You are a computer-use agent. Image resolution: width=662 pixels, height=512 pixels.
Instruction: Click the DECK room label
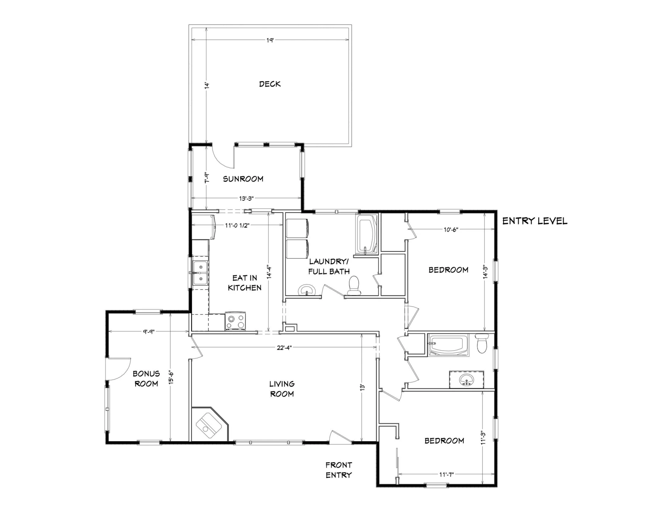270,84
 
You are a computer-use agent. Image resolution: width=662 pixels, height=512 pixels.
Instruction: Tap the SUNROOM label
243,179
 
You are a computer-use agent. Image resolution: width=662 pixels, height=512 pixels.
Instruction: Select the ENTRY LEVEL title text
535,221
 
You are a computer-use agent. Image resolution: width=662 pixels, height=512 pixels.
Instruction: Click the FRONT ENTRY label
339,470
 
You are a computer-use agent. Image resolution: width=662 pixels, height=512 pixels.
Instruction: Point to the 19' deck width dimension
270,40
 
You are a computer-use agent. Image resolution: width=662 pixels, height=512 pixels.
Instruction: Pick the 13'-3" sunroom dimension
246,198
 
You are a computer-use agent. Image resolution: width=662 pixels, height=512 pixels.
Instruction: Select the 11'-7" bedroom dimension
447,474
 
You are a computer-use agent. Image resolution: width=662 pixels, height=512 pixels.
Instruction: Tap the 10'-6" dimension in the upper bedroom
451,229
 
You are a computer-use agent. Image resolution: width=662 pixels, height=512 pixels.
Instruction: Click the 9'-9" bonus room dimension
149,331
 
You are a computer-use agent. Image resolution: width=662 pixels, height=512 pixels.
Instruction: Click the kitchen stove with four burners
235,321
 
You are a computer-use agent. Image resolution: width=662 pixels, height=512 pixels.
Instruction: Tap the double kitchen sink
200,273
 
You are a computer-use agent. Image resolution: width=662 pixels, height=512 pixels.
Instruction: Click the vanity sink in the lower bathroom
466,380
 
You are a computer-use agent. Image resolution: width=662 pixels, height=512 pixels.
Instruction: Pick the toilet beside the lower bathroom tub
482,343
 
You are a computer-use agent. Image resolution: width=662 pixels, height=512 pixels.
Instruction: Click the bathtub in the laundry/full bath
367,235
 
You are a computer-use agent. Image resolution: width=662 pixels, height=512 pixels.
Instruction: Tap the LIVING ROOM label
282,389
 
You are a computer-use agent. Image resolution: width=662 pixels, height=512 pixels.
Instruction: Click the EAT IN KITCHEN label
245,283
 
